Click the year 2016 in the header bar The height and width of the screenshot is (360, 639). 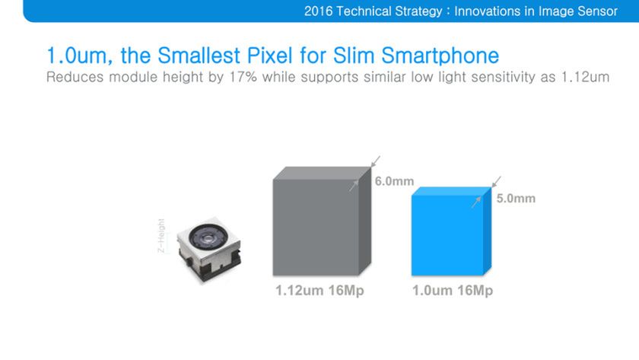[319, 11]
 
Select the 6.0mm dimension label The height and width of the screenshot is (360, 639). [393, 181]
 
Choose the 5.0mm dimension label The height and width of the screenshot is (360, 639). [515, 199]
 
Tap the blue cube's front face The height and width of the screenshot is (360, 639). [447, 235]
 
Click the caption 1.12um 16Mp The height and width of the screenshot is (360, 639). [319, 292]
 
